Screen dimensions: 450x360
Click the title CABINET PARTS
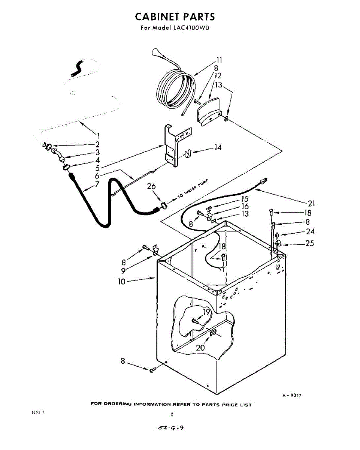(x=175, y=17)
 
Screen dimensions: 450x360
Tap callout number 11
(x=219, y=60)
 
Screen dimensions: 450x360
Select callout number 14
(x=218, y=147)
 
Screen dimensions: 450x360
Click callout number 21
(x=311, y=204)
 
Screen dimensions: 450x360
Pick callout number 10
(x=122, y=281)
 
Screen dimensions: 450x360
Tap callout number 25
(x=309, y=244)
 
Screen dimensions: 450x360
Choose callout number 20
(x=200, y=348)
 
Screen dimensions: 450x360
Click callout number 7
(x=97, y=184)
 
